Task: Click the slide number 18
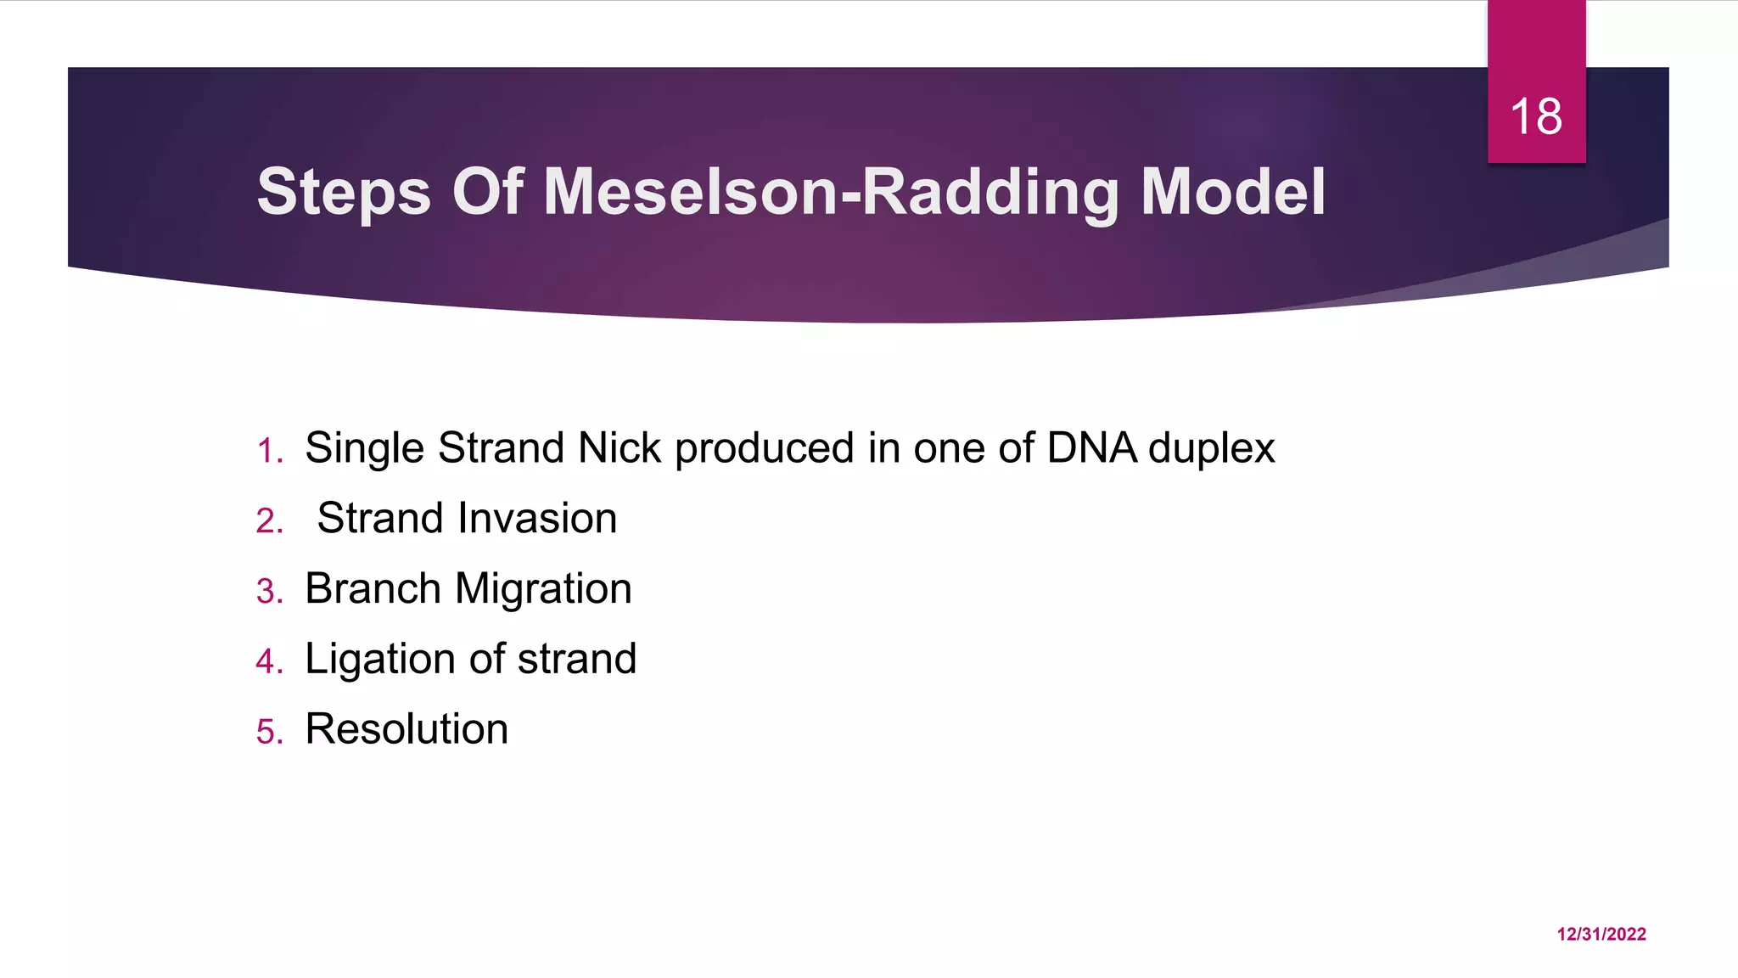[1536, 116]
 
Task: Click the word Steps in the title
[344, 192]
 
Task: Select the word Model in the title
[1232, 192]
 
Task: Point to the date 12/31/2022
[1601, 934]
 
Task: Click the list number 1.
[268, 451]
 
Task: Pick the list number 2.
[268, 520]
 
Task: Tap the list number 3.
[268, 591]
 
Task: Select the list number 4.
[268, 661]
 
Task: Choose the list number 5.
[268, 732]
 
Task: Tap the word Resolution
[406, 729]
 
